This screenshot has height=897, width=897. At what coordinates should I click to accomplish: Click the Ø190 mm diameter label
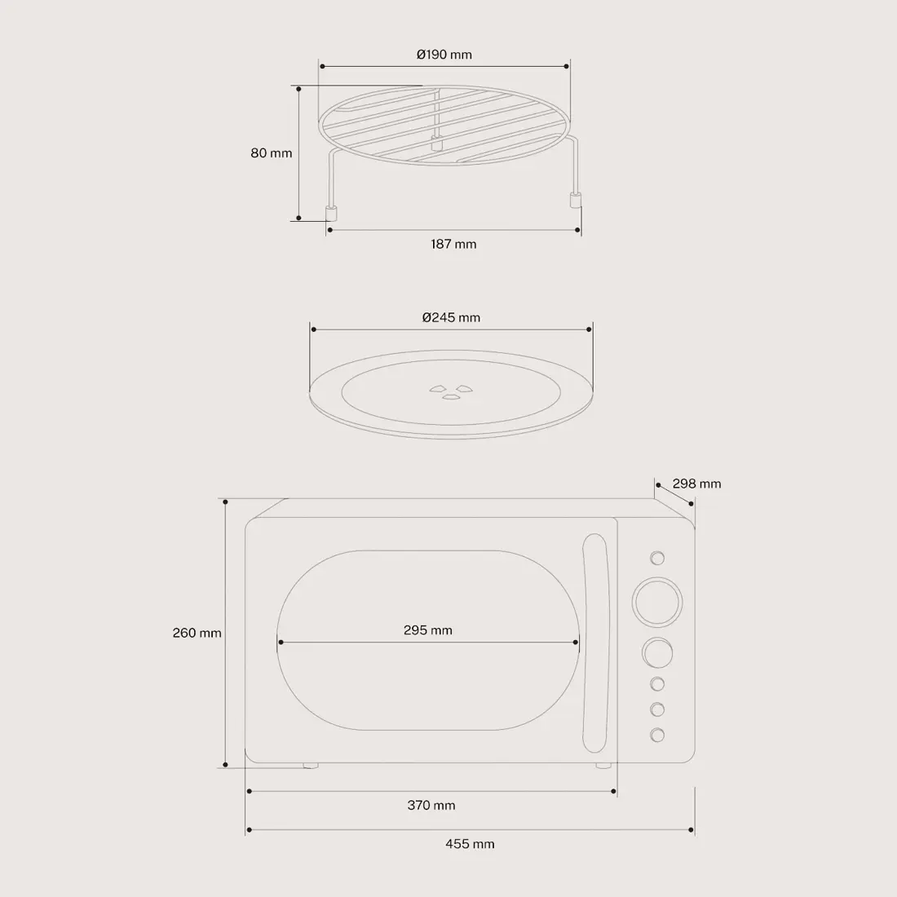coord(444,55)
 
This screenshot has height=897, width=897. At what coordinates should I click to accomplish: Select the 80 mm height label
coord(271,152)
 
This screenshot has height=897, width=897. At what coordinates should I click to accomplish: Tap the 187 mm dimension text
coord(453,244)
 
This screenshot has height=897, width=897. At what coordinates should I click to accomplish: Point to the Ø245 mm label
coord(451,317)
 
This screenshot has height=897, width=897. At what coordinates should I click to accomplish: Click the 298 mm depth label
coord(696,484)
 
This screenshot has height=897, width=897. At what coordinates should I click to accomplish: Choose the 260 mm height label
coord(197,633)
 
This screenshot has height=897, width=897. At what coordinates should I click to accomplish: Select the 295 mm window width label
coord(427,630)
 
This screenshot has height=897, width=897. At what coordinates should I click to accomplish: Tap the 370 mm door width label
coord(431,805)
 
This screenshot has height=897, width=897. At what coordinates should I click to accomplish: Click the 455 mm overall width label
coord(470,844)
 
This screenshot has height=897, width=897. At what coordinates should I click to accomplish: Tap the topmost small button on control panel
coord(657,558)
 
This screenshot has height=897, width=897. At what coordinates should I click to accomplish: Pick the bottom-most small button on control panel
coord(657,734)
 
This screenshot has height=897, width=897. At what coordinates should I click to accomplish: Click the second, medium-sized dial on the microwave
coord(657,654)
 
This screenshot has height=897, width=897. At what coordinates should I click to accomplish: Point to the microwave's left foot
coord(310,766)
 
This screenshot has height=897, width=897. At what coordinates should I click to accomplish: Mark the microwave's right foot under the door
coord(603,766)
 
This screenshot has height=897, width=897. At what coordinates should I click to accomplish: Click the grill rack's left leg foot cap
coord(331,214)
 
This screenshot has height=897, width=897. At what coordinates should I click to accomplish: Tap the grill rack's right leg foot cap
coord(574,200)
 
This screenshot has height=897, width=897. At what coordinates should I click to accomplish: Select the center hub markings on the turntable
coord(450,391)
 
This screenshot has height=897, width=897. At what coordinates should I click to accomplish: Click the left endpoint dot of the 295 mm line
coord(280,642)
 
